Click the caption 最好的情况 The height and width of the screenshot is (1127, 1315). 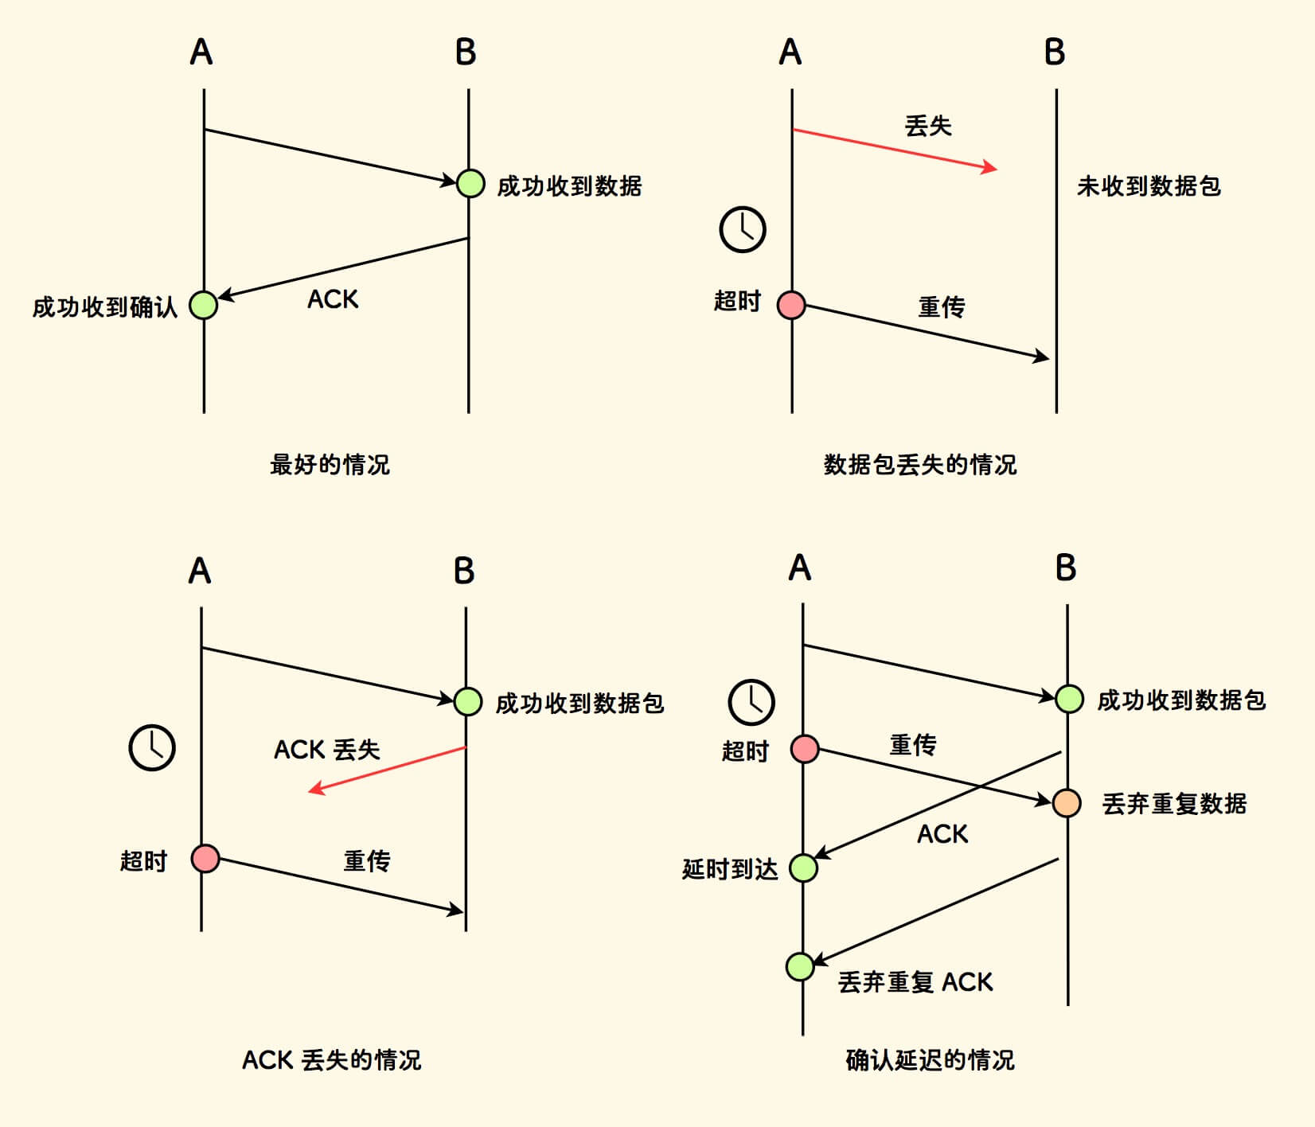[x=330, y=464]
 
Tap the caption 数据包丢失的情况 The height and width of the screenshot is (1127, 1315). [x=919, y=464]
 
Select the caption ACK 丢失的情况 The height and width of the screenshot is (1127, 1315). [x=331, y=1060]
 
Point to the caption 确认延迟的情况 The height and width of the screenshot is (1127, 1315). [x=930, y=1060]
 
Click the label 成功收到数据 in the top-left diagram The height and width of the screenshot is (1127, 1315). [x=569, y=186]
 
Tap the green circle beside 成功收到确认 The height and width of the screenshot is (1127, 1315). [x=204, y=305]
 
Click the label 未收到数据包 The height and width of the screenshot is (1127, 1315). [x=1148, y=186]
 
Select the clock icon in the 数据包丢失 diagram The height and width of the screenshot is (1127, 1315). [x=742, y=230]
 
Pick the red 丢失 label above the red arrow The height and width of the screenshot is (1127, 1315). [x=928, y=126]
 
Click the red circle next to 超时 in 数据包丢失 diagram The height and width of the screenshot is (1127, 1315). [x=791, y=305]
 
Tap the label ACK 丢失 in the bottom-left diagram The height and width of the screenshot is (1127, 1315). [x=327, y=750]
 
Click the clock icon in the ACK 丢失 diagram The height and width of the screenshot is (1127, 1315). [x=152, y=747]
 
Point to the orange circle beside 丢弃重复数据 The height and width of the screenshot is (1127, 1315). [x=1067, y=802]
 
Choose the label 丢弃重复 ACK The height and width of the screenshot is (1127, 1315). [x=915, y=982]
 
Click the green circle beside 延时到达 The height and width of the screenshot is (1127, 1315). [x=803, y=868]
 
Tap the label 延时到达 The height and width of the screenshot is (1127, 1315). [x=730, y=869]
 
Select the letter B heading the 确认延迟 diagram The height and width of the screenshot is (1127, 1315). [x=1065, y=568]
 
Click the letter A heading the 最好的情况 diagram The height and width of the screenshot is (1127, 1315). [x=201, y=53]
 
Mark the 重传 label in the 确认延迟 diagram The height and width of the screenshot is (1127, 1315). [x=913, y=745]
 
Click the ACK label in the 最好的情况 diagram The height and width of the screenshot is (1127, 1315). [x=333, y=299]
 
